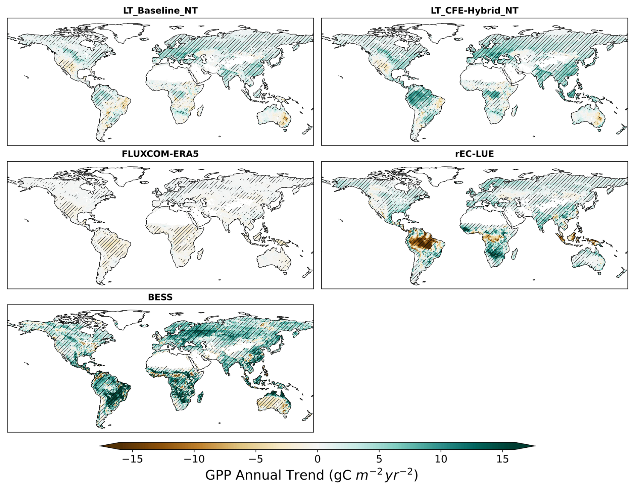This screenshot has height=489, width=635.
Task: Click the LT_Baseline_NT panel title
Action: pos(160,10)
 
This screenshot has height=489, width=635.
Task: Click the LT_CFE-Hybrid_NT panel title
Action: pos(474,10)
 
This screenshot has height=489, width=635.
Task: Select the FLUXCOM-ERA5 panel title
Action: pos(160,154)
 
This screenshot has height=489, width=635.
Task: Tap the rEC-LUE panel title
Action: pos(474,154)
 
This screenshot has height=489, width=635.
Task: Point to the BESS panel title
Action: pos(160,297)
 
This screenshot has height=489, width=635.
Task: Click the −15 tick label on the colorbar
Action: pos(132,459)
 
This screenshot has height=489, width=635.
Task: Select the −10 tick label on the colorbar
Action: pos(194,459)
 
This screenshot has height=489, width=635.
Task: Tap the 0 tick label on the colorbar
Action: pos(317,459)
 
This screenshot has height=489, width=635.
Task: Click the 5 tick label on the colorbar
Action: pos(379,459)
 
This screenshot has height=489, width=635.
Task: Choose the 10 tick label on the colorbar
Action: pos(441,459)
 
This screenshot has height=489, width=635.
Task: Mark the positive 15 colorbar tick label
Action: pos(502,459)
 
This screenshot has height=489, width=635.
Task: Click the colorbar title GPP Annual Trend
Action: pos(311,475)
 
